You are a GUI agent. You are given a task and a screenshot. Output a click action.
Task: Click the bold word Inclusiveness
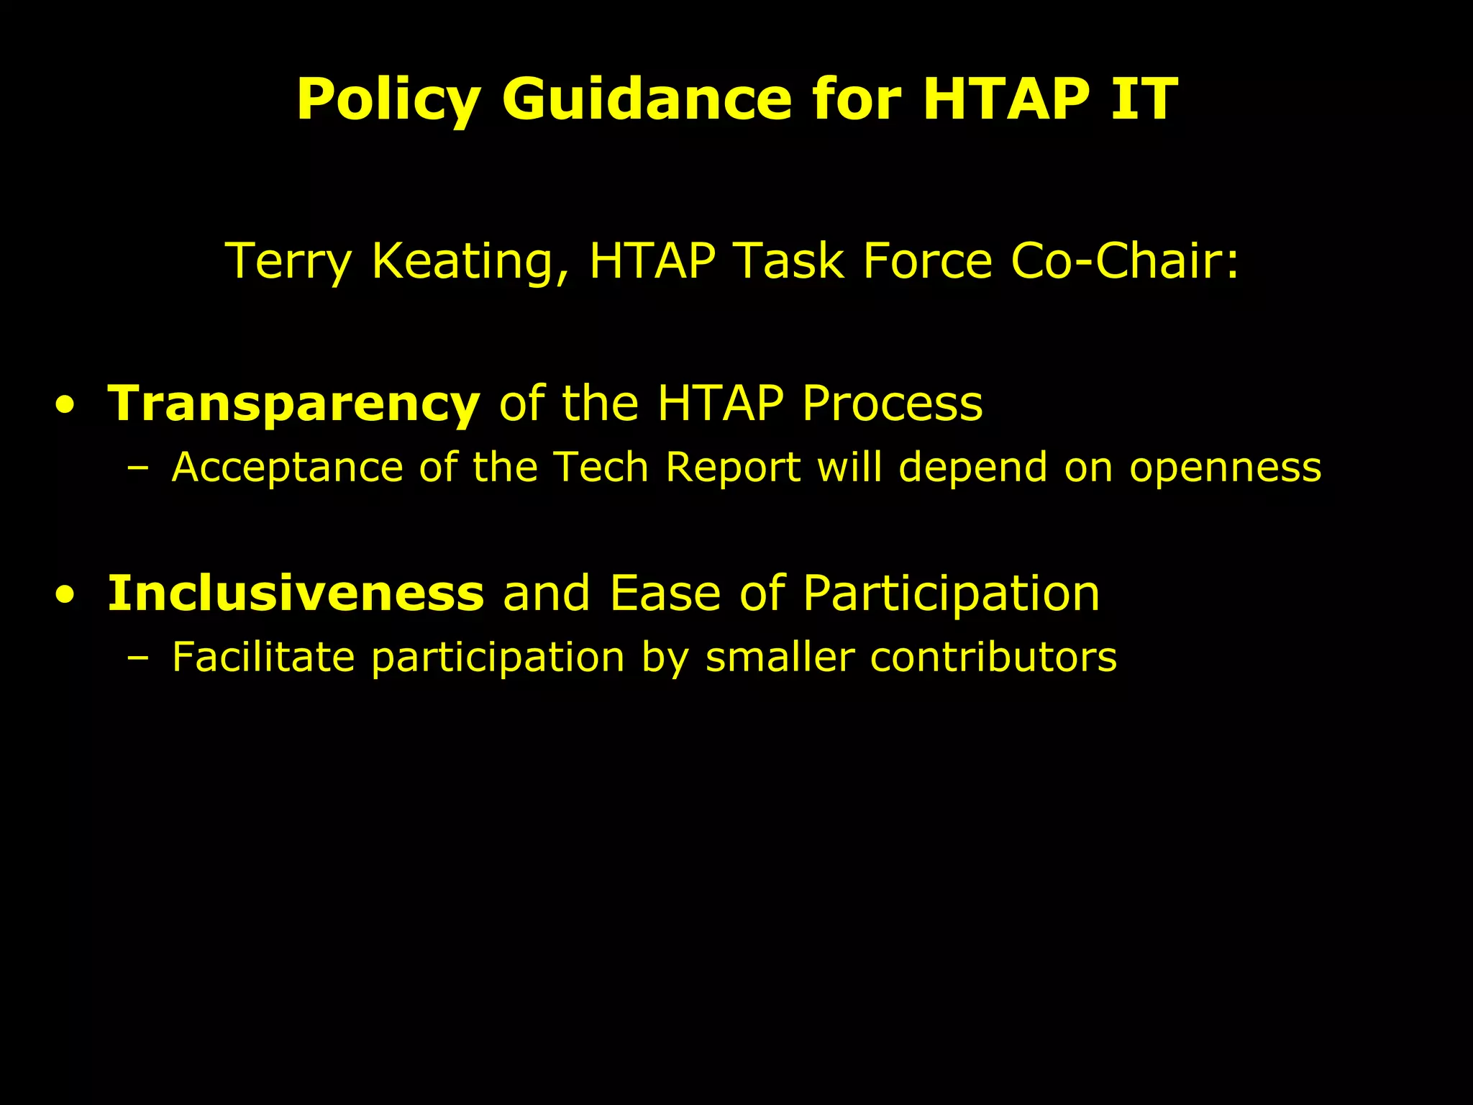point(296,594)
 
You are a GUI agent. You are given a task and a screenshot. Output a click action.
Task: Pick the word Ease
point(665,594)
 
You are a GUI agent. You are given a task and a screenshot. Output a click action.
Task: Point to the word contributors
point(993,658)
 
